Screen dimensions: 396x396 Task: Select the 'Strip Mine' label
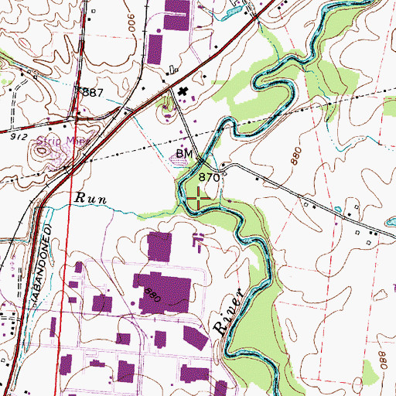coord(68,142)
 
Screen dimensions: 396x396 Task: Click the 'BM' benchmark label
coord(183,154)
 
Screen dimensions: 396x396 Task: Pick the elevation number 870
coord(210,177)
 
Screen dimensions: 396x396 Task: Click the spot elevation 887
coord(94,93)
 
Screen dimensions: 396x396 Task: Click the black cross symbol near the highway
coord(183,94)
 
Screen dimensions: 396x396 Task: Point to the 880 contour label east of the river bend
coord(294,154)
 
